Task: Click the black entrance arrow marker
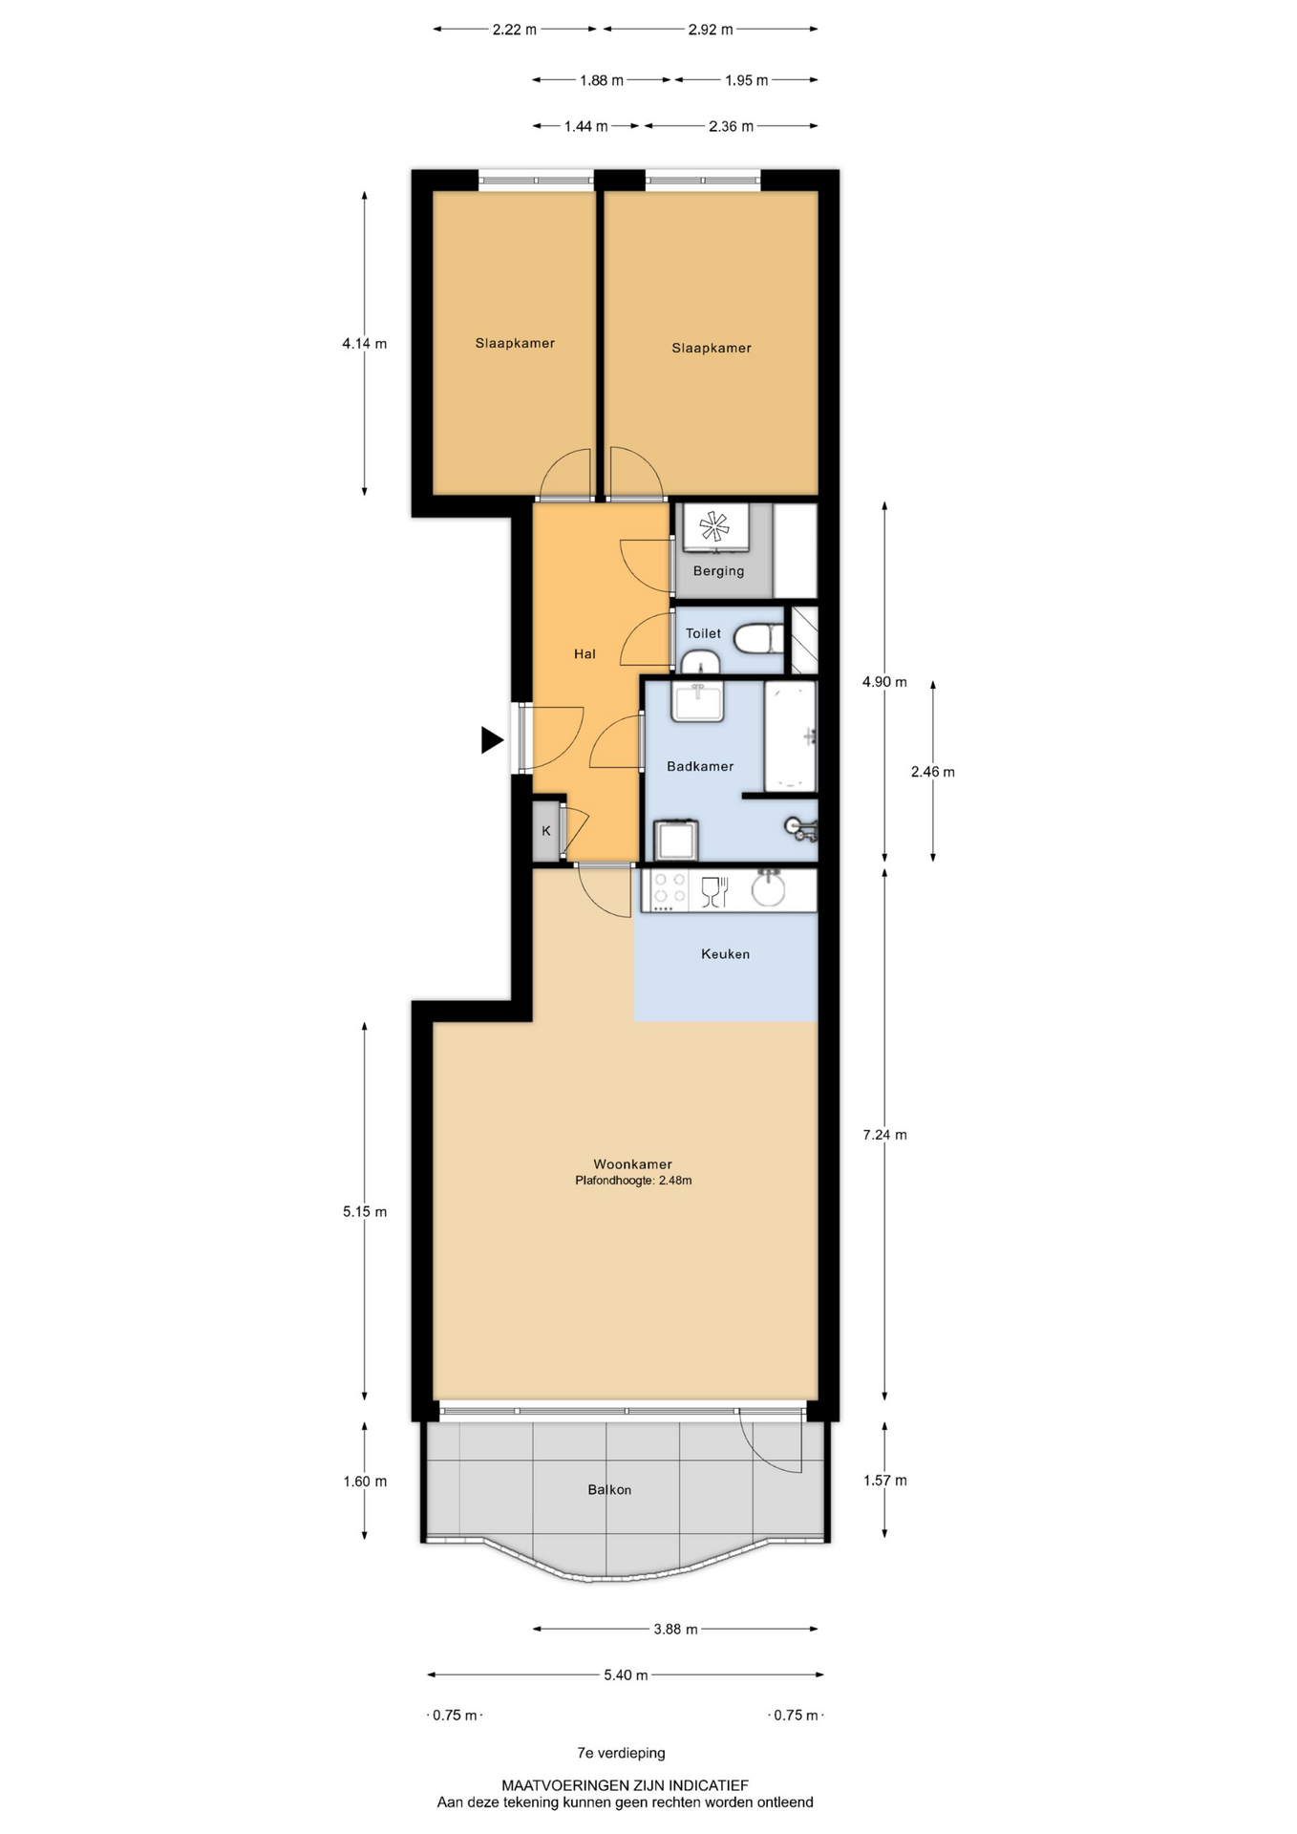(x=492, y=740)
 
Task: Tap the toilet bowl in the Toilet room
(x=761, y=639)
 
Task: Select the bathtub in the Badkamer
(x=791, y=736)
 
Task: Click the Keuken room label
(x=725, y=953)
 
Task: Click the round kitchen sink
(x=768, y=889)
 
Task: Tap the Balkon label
(x=609, y=1489)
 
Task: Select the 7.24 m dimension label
(x=884, y=1135)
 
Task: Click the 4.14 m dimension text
(x=365, y=344)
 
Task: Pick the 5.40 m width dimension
(x=626, y=1674)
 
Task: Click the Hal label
(x=585, y=653)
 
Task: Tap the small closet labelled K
(x=546, y=831)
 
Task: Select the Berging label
(x=718, y=571)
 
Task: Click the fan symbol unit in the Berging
(x=714, y=526)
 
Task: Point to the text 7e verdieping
(x=621, y=1753)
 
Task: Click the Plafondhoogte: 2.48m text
(x=633, y=1181)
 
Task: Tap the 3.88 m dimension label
(x=675, y=1629)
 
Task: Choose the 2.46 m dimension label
(x=932, y=772)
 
